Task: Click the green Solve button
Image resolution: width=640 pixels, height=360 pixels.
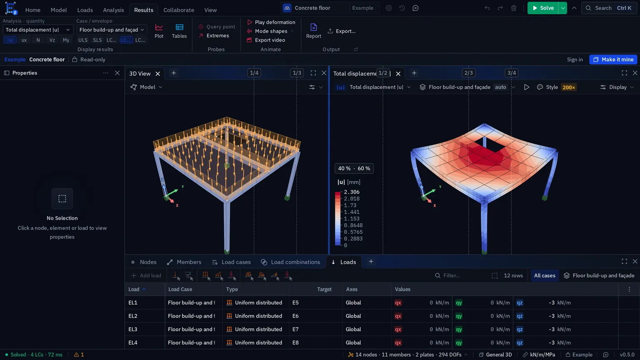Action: [543, 8]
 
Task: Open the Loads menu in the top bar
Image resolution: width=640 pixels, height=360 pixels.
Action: [85, 10]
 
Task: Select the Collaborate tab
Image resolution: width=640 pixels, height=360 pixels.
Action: [179, 10]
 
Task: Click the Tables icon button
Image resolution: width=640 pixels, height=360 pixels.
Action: [179, 31]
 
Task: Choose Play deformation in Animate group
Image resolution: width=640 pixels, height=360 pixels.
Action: [271, 22]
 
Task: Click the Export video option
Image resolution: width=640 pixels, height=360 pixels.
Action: [266, 40]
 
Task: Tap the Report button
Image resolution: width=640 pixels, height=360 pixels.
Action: [313, 31]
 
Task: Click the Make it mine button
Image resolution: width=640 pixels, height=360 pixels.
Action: [613, 60]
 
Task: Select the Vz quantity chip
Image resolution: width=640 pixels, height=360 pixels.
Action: [52, 40]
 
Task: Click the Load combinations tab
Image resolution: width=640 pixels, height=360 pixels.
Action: [290, 262]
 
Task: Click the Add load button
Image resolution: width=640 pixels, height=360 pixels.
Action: [146, 275]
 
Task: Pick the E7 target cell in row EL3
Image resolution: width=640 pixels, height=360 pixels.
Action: [295, 329]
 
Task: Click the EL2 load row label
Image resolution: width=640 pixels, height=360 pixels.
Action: [133, 316]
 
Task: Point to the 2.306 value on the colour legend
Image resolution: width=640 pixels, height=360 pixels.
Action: [351, 192]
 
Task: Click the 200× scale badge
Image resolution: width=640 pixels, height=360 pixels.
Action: [569, 87]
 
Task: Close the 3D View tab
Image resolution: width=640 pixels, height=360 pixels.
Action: [158, 74]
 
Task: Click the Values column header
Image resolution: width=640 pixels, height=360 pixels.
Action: [402, 289]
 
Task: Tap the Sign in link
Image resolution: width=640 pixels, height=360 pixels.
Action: [575, 60]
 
